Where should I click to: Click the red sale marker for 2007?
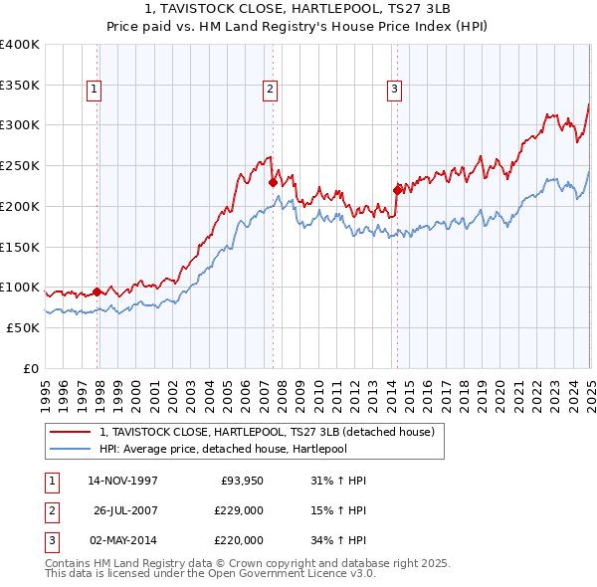coord(273,182)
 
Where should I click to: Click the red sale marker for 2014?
coord(397,189)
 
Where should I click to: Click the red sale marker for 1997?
coord(98,292)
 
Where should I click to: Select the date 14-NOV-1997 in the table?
coord(122,481)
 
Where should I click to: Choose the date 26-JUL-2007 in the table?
coord(125,510)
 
